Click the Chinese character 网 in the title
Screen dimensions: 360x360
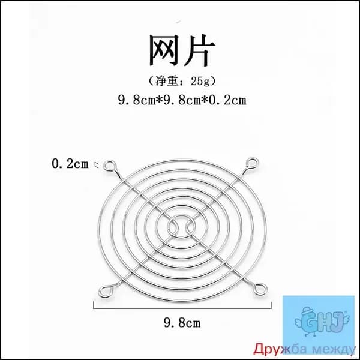tap(164, 50)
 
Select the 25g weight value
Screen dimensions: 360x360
tap(200, 81)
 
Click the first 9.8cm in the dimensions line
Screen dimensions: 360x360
tap(137, 100)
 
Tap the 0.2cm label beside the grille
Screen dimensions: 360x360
tap(70, 164)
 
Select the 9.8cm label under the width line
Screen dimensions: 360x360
tap(182, 323)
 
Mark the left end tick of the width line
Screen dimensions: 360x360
tap(94, 305)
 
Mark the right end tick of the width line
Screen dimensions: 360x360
tap(271, 305)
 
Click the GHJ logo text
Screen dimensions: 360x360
tap(324, 322)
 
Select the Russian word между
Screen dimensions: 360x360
tap(334, 350)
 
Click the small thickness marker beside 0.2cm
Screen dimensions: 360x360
tap(97, 164)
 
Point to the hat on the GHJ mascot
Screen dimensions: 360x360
tap(308, 311)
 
